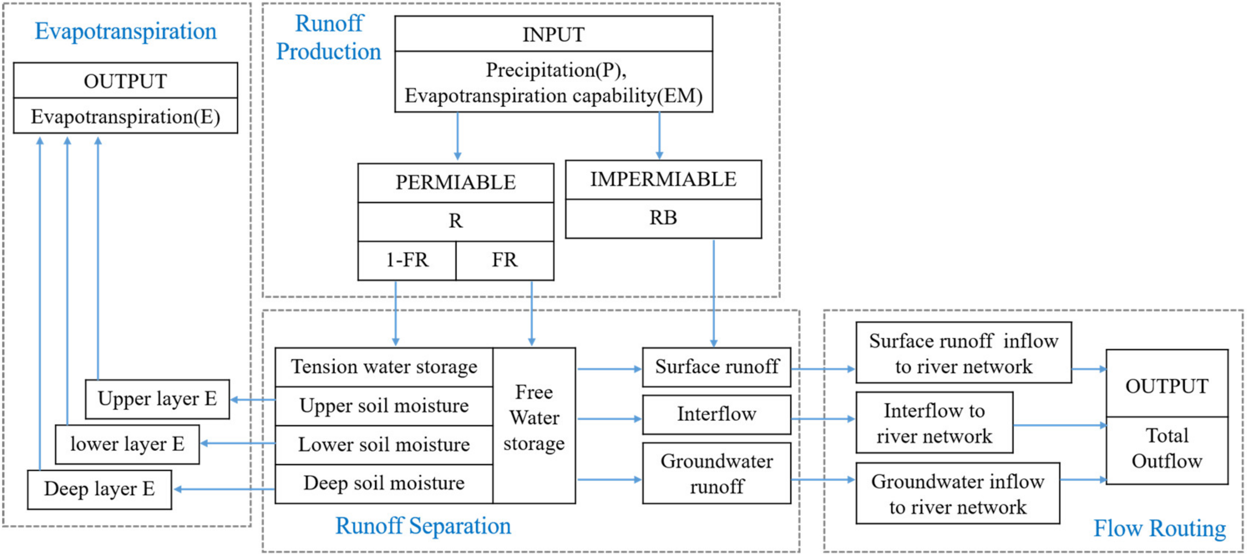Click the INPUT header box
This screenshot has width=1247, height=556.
point(553,34)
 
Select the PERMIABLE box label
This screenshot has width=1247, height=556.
point(455,183)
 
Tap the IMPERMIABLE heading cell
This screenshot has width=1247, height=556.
point(663,180)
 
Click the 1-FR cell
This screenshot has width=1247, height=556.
point(407,260)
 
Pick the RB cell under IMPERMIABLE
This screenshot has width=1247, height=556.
point(663,218)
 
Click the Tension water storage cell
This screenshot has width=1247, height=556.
point(384,367)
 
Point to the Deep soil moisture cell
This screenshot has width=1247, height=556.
point(384,483)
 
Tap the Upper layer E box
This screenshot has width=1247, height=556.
point(157,399)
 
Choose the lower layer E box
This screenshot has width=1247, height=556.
point(127,444)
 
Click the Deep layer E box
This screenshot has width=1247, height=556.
point(99,489)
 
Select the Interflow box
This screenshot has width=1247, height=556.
point(716,414)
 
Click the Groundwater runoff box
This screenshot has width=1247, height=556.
point(716,473)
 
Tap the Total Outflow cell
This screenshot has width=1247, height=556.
point(1167,448)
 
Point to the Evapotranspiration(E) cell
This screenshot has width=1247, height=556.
point(125,116)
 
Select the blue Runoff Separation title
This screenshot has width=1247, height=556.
point(423,526)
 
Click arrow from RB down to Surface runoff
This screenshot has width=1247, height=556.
point(713,293)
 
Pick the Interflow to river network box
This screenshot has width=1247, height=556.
point(934,423)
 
